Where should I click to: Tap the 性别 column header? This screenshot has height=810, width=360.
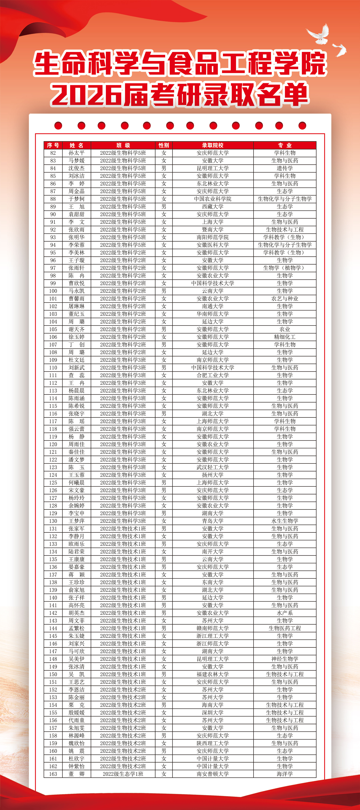pos(164,145)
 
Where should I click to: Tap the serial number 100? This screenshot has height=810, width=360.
pos(53,291)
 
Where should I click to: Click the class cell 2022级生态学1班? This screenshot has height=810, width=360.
pos(123,774)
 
